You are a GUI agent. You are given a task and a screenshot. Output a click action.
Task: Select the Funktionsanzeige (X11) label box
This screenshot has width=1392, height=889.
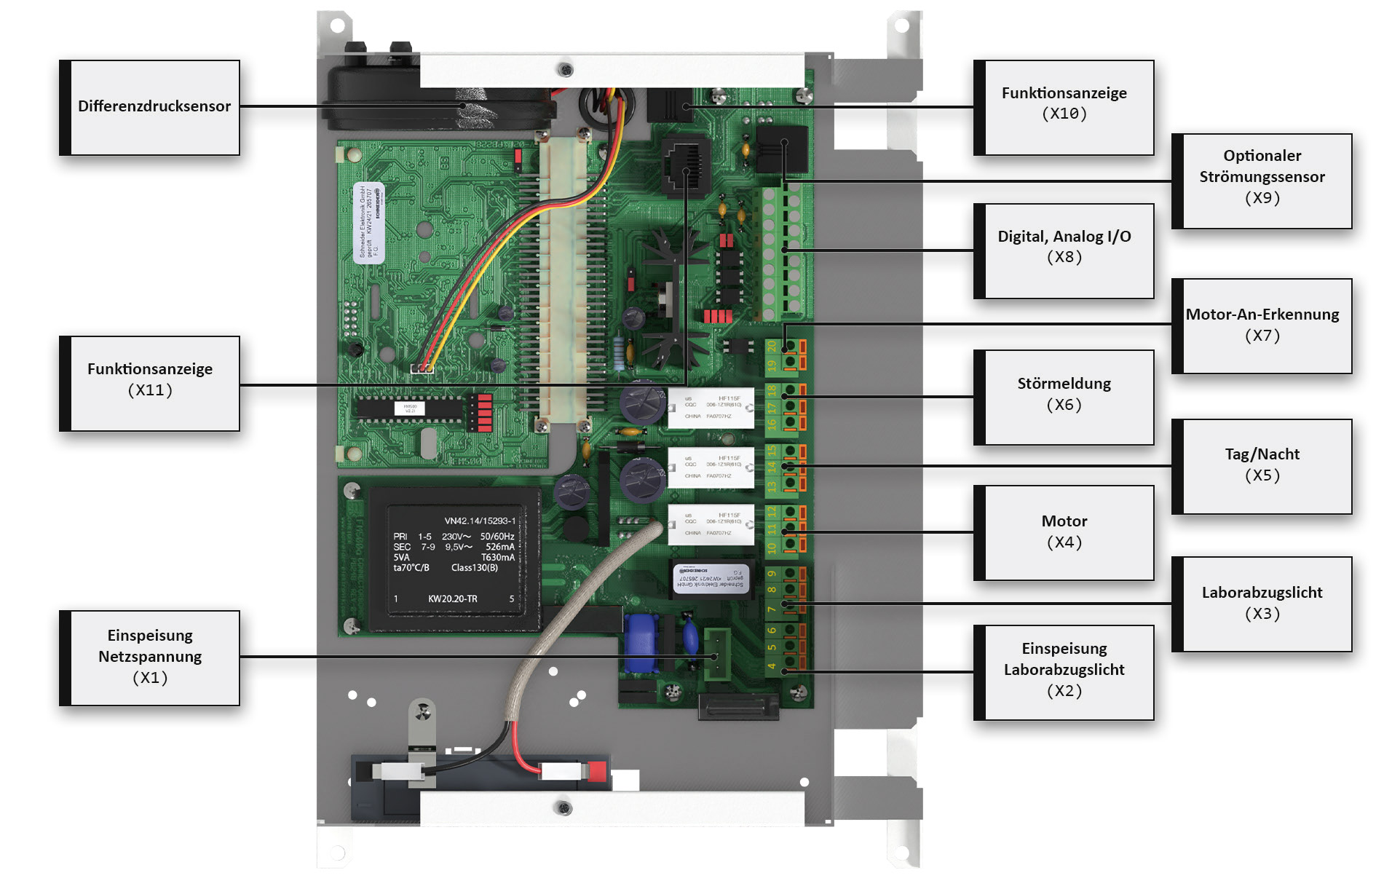pos(151,383)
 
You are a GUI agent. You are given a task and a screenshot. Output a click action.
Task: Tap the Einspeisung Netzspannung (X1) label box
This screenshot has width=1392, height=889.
pos(151,657)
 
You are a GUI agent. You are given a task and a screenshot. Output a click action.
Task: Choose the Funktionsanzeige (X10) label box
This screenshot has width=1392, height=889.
pos(1064,107)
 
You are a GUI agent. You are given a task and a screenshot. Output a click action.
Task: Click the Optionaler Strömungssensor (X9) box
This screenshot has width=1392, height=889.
pos(1262,181)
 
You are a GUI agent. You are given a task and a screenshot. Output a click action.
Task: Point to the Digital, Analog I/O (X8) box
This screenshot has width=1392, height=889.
pos(1064,250)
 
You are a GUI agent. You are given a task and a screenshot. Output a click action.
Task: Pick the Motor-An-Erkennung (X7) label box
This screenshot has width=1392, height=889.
pos(1262,325)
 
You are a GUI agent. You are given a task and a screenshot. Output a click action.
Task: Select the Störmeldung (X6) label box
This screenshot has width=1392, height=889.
pos(1064,397)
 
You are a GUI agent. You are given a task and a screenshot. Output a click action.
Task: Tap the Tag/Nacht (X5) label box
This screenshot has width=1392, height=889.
pos(1262,466)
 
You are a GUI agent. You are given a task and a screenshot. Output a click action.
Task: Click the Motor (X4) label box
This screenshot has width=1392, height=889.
pos(1064,532)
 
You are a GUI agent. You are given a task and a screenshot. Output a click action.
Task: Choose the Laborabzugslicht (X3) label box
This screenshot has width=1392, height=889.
pos(1262,604)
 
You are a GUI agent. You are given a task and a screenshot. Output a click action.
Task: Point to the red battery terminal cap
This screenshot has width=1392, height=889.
pos(597,771)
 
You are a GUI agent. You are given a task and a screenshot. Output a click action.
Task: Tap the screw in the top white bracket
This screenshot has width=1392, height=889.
pos(564,70)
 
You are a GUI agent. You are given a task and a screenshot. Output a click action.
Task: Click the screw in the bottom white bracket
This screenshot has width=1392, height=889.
pos(563,807)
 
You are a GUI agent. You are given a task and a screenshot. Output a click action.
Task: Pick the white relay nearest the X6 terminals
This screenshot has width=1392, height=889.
pos(711,408)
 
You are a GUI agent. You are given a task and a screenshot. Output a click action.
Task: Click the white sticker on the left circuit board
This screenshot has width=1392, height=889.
pos(368,222)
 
